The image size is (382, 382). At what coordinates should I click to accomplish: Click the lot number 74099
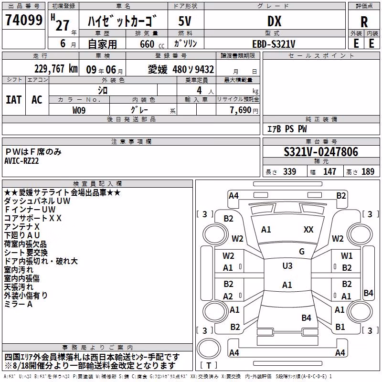pyautogui.click(x=23, y=20)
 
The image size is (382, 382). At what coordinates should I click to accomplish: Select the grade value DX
pyautogui.click(x=274, y=21)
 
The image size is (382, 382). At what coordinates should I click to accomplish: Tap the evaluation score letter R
pyautogui.click(x=364, y=22)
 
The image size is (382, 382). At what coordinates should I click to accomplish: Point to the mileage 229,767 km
pyautogui.click(x=56, y=69)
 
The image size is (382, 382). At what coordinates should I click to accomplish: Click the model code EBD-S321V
pyautogui.click(x=274, y=44)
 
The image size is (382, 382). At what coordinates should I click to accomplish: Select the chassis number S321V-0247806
pyautogui.click(x=321, y=152)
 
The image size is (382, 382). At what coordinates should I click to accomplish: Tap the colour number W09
pyautogui.click(x=79, y=110)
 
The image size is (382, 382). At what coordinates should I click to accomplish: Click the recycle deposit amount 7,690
pyautogui.click(x=240, y=110)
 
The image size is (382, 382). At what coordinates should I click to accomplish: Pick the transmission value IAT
pyautogui.click(x=13, y=100)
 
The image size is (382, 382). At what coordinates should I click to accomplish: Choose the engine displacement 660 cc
pyautogui.click(x=152, y=44)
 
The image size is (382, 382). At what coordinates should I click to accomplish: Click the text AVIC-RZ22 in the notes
pyautogui.click(x=21, y=161)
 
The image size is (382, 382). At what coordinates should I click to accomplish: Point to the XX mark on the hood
pyautogui.click(x=308, y=230)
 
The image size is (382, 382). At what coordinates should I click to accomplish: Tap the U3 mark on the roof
pyautogui.click(x=287, y=266)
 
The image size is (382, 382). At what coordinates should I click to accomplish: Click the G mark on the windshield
pyautogui.click(x=302, y=252)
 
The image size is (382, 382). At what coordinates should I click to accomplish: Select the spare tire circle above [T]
pyautogui.click(x=209, y=349)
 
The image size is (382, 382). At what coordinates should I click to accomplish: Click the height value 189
pyautogui.click(x=368, y=172)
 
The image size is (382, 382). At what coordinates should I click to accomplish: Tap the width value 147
pyautogui.click(x=329, y=172)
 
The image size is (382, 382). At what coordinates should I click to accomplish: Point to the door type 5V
pyautogui.click(x=185, y=21)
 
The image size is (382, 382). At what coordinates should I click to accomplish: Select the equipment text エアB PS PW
pyautogui.click(x=287, y=129)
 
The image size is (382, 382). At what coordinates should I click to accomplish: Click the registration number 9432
pyautogui.click(x=204, y=70)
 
